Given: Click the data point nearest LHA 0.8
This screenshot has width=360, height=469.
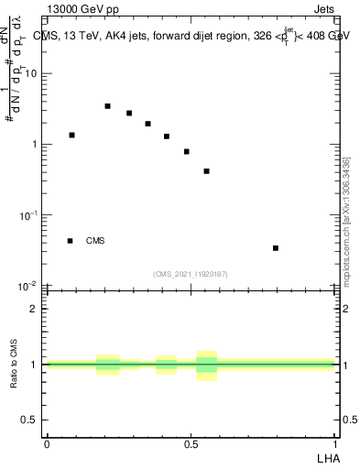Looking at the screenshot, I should pos(276,247).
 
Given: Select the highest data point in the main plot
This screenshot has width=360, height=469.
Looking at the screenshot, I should pos(107,106).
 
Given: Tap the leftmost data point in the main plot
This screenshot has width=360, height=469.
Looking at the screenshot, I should pos(71,135).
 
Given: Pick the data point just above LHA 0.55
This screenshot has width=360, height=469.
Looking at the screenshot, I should pos(207,171).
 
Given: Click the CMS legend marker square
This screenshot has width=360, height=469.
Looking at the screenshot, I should pos(70,241).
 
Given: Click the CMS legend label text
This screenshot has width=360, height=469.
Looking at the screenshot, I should pos(95,241).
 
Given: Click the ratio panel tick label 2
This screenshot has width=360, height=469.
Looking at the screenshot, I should pos(36,309).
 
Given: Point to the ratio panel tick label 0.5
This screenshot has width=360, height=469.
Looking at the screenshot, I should pos(31,420).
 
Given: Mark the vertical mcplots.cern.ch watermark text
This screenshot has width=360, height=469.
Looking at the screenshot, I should pos(346,220).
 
